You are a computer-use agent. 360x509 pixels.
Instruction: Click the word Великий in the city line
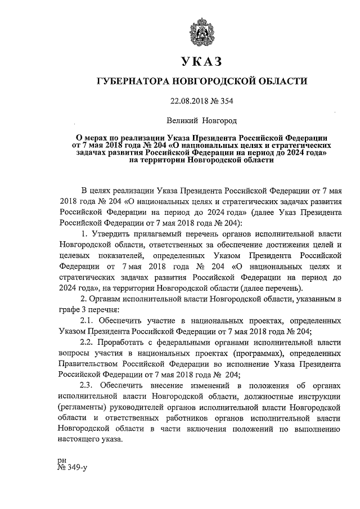pos(184,120)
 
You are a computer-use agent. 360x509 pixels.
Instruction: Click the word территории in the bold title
pos(160,160)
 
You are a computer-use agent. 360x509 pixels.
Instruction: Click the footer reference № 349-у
pos(71,467)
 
